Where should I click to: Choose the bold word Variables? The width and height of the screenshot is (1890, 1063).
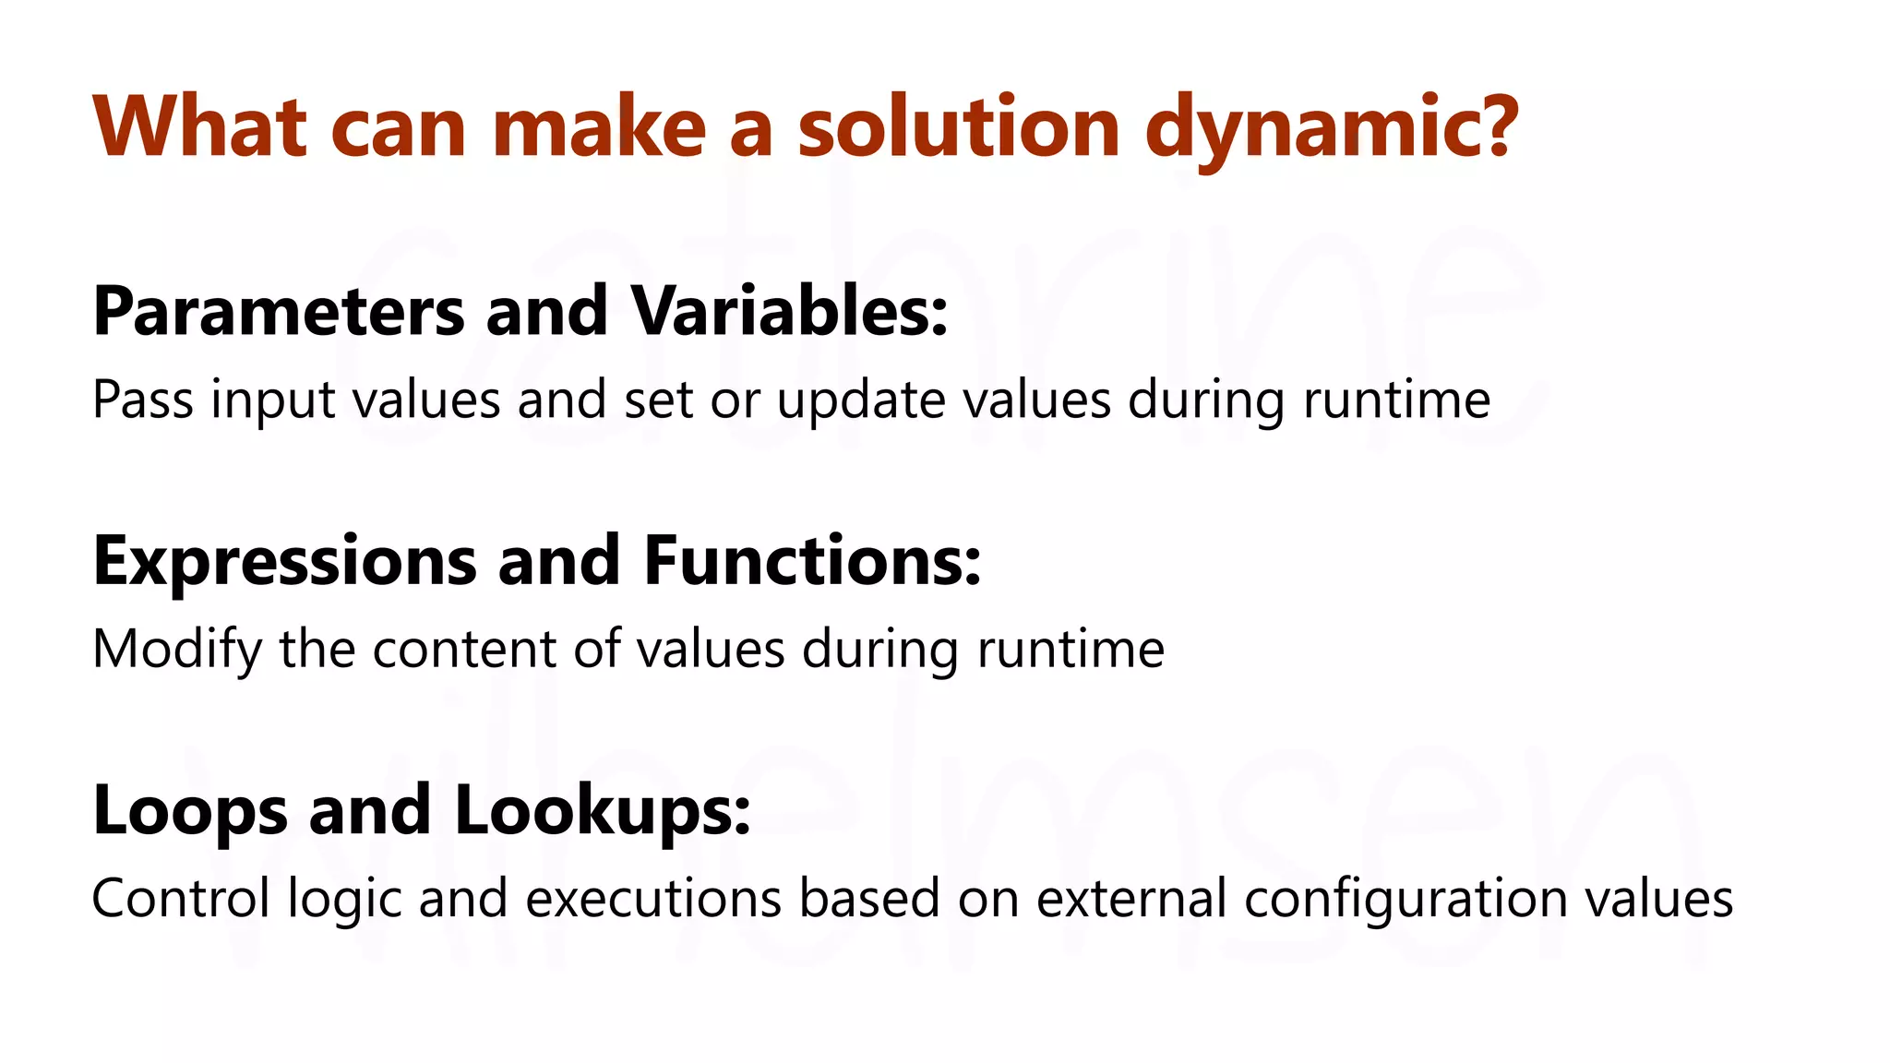(789, 311)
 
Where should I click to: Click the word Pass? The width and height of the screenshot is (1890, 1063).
(143, 400)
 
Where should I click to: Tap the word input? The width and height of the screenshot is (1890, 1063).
(272, 401)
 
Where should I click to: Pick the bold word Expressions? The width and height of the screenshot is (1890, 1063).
(285, 562)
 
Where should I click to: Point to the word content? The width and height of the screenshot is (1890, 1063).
(464, 649)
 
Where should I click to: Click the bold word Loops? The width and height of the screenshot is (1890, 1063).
(190, 811)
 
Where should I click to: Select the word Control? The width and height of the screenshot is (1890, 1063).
(181, 898)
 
